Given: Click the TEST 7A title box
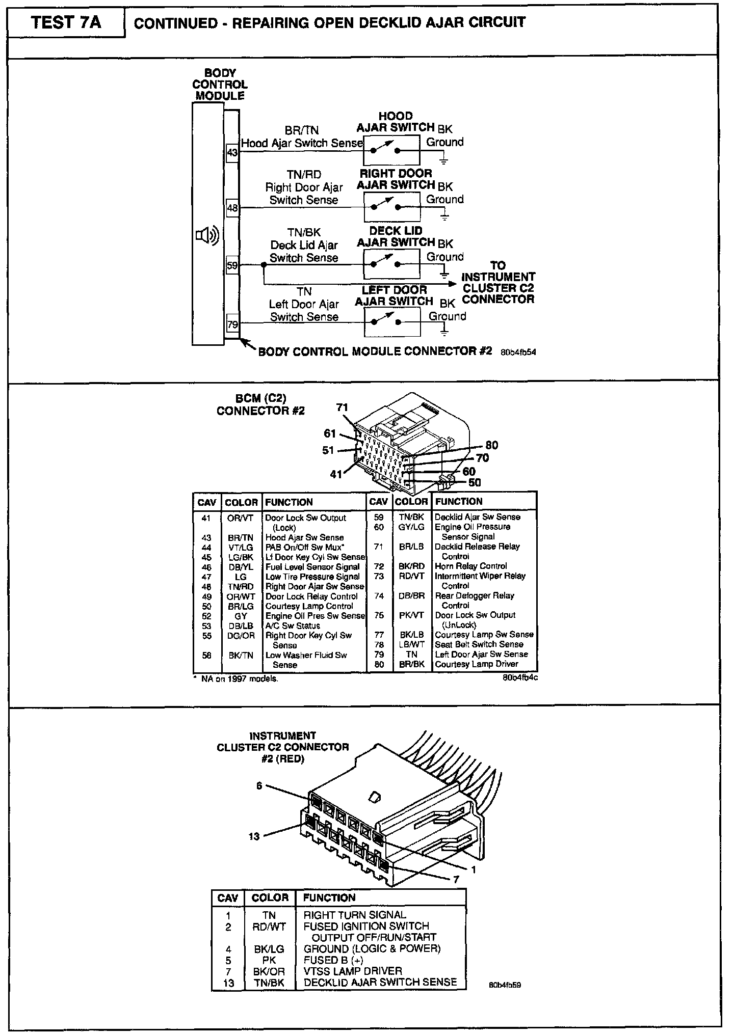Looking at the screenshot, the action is point(66,23).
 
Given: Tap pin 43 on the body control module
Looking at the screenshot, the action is point(232,152).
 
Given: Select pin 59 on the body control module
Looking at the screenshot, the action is point(232,265).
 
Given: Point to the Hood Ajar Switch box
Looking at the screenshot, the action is point(391,150).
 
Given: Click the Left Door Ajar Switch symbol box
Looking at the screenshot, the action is point(392,322).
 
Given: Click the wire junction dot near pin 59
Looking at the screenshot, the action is point(264,265).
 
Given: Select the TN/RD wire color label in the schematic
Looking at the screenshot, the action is point(304,175).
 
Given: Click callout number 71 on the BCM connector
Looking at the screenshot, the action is point(342,407).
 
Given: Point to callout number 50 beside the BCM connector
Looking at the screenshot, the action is point(474,482).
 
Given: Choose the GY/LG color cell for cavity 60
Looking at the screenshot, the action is point(411,527).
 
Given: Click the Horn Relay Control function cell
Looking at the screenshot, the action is point(470,566).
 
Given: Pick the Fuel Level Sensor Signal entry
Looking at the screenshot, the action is point(312,567).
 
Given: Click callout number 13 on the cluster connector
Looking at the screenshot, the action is point(254,836).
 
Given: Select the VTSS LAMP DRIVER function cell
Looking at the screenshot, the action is point(353,971).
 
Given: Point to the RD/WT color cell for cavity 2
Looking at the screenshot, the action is point(269,927).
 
